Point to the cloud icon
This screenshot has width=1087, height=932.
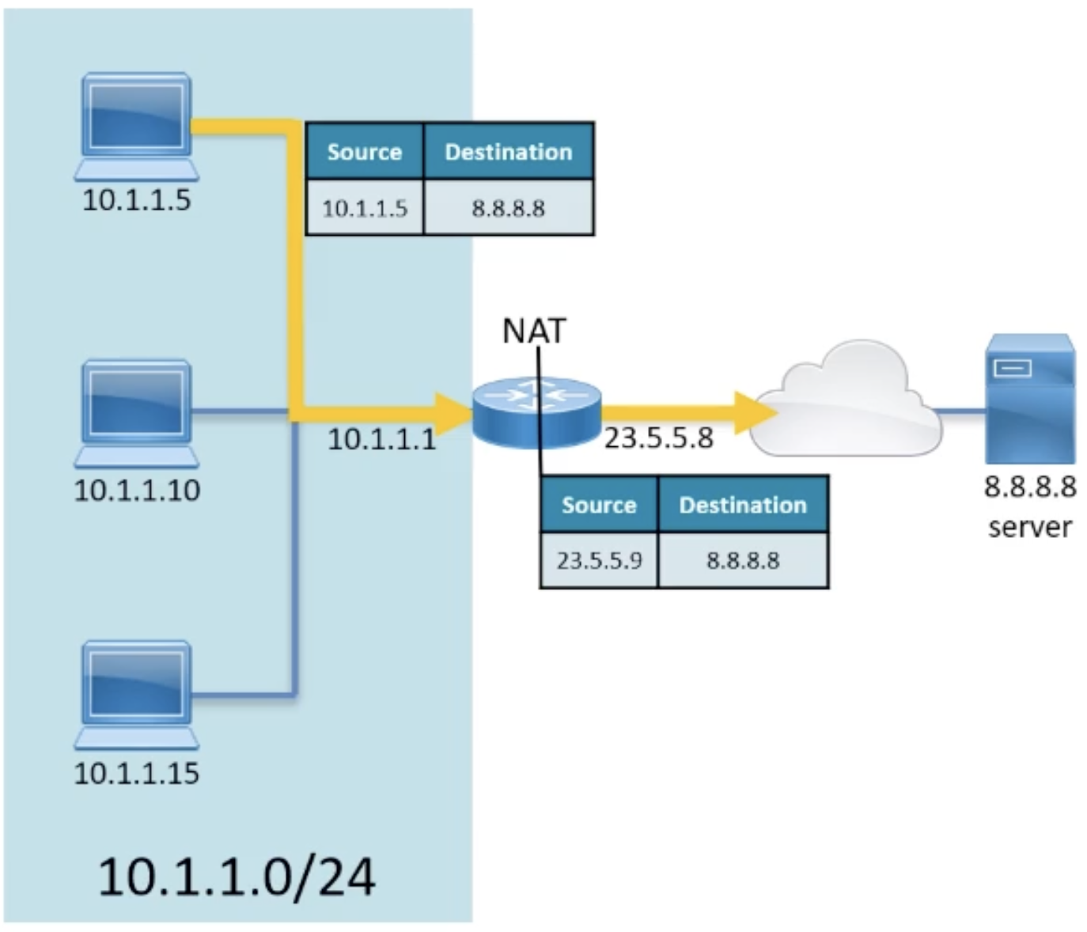click(x=846, y=403)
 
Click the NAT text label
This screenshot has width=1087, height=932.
click(x=535, y=331)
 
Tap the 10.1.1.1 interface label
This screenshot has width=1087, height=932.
click(x=381, y=438)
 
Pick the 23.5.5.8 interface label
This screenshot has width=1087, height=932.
click(x=659, y=438)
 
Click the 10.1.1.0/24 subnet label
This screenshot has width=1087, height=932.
click(x=237, y=877)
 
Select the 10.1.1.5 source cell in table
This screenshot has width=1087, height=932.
click(x=365, y=208)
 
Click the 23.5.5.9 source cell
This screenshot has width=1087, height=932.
click(x=599, y=561)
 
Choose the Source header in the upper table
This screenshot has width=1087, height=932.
click(x=365, y=151)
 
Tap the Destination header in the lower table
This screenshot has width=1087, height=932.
click(x=743, y=505)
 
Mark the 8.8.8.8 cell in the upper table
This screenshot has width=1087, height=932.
click(x=508, y=208)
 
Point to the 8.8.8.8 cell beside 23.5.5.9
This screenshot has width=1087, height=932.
click(x=743, y=561)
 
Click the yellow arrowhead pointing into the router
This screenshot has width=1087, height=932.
click(x=453, y=412)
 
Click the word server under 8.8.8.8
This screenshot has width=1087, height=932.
click(x=1029, y=527)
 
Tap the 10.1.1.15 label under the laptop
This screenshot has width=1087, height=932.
click(x=137, y=773)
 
